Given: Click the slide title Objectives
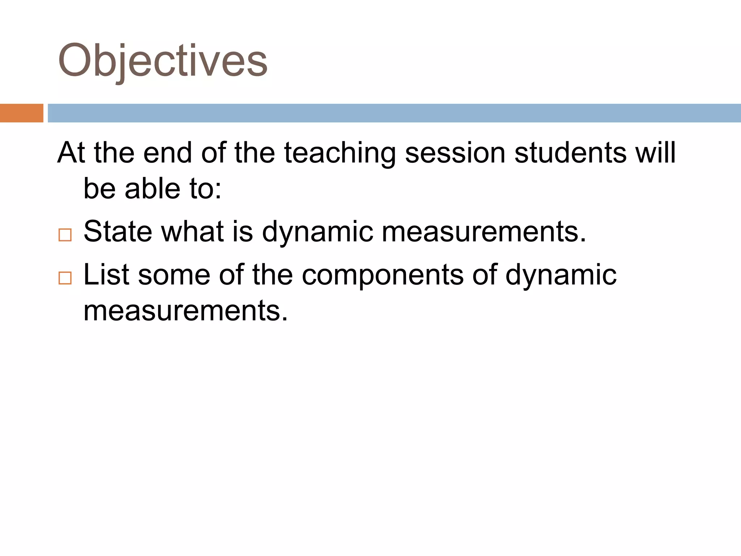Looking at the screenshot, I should (x=162, y=61).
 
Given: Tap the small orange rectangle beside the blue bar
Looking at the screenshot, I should (x=21, y=113).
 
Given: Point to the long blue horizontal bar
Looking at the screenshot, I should (x=394, y=113).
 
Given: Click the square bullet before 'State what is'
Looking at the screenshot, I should (x=65, y=235).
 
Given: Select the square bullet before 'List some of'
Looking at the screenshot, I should (x=65, y=278).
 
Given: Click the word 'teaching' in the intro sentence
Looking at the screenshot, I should (x=340, y=153).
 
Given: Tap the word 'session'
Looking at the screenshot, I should (x=455, y=153).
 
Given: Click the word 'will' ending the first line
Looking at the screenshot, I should (x=655, y=153).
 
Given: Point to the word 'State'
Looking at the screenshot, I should (x=118, y=232).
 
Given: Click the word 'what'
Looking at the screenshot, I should (x=192, y=232).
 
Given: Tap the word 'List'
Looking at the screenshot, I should (x=106, y=275).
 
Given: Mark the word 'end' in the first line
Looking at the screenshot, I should (x=167, y=153).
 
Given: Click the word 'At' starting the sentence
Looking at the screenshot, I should (x=71, y=153).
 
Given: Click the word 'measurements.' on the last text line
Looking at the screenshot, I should (x=186, y=311).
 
